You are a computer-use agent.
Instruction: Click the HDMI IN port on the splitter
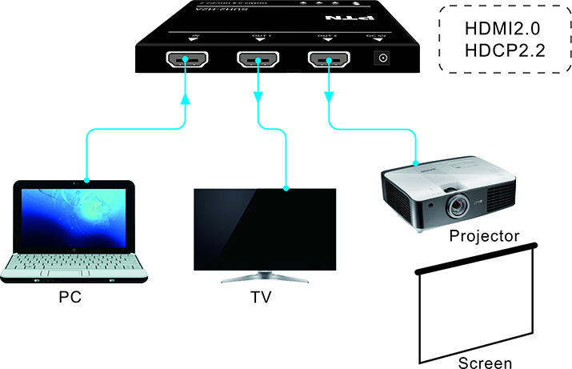point(186,59)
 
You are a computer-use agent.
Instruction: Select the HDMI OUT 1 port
point(258,59)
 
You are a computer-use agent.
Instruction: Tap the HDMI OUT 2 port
point(329,59)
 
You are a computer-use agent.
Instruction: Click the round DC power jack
point(383,58)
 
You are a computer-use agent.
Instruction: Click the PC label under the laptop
point(70,298)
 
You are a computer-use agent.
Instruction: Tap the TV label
point(261,299)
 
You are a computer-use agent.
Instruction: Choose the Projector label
point(485,236)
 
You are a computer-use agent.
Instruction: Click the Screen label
point(485,363)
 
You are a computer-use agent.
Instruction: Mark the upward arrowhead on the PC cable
point(186,100)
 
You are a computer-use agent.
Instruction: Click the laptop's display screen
point(74,216)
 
